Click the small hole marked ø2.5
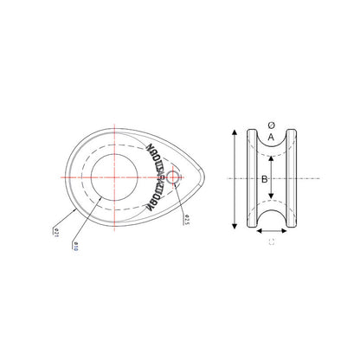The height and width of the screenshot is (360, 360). click(x=173, y=177)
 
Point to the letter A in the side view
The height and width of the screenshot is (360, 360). click(x=271, y=137)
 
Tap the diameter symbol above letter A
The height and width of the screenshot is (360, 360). click(x=271, y=125)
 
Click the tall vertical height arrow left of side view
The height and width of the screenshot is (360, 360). click(x=235, y=178)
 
